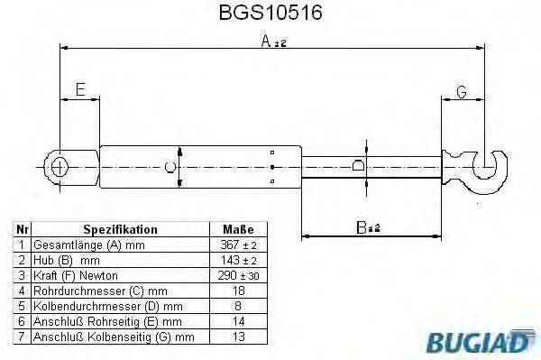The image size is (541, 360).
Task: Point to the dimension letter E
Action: [x=80, y=90]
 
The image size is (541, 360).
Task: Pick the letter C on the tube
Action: [x=170, y=166]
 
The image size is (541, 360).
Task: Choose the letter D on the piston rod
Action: [x=358, y=166]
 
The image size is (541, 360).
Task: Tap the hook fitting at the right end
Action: [x=492, y=169]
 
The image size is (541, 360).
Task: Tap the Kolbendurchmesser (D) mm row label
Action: [x=107, y=306]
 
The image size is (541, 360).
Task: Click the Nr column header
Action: [x=23, y=230]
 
